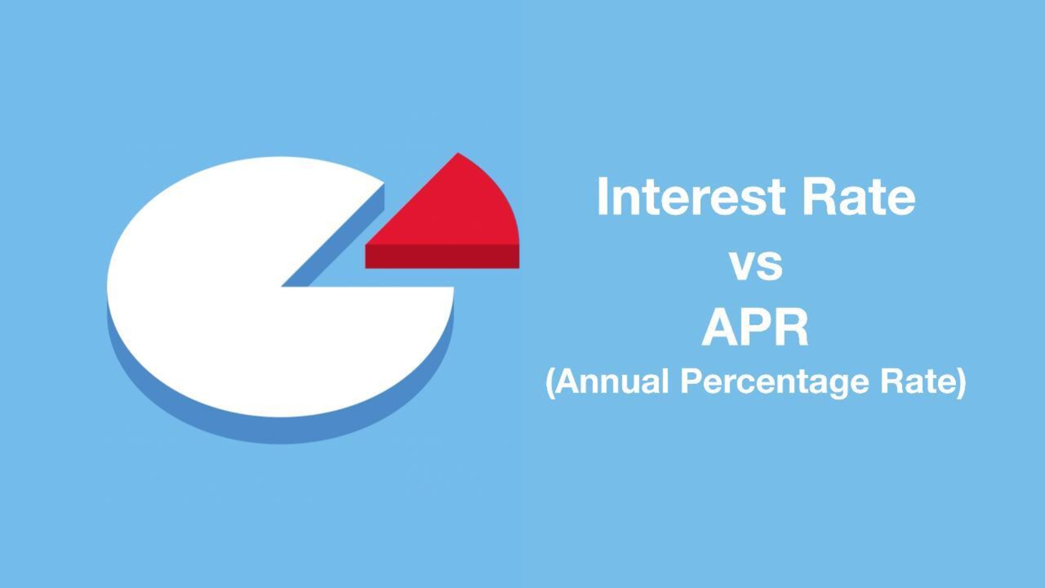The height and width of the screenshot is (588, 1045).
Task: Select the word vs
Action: pyautogui.click(x=757, y=266)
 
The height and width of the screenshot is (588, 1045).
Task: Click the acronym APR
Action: pyautogui.click(x=755, y=328)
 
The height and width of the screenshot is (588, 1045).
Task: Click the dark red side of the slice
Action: pyautogui.click(x=442, y=256)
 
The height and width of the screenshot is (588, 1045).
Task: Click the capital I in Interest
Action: pyautogui.click(x=602, y=197)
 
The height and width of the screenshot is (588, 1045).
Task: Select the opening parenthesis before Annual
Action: pyautogui.click(x=551, y=383)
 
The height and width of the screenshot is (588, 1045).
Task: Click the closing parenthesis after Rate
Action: pyautogui.click(x=961, y=383)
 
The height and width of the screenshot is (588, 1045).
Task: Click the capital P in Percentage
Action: pyautogui.click(x=690, y=381)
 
